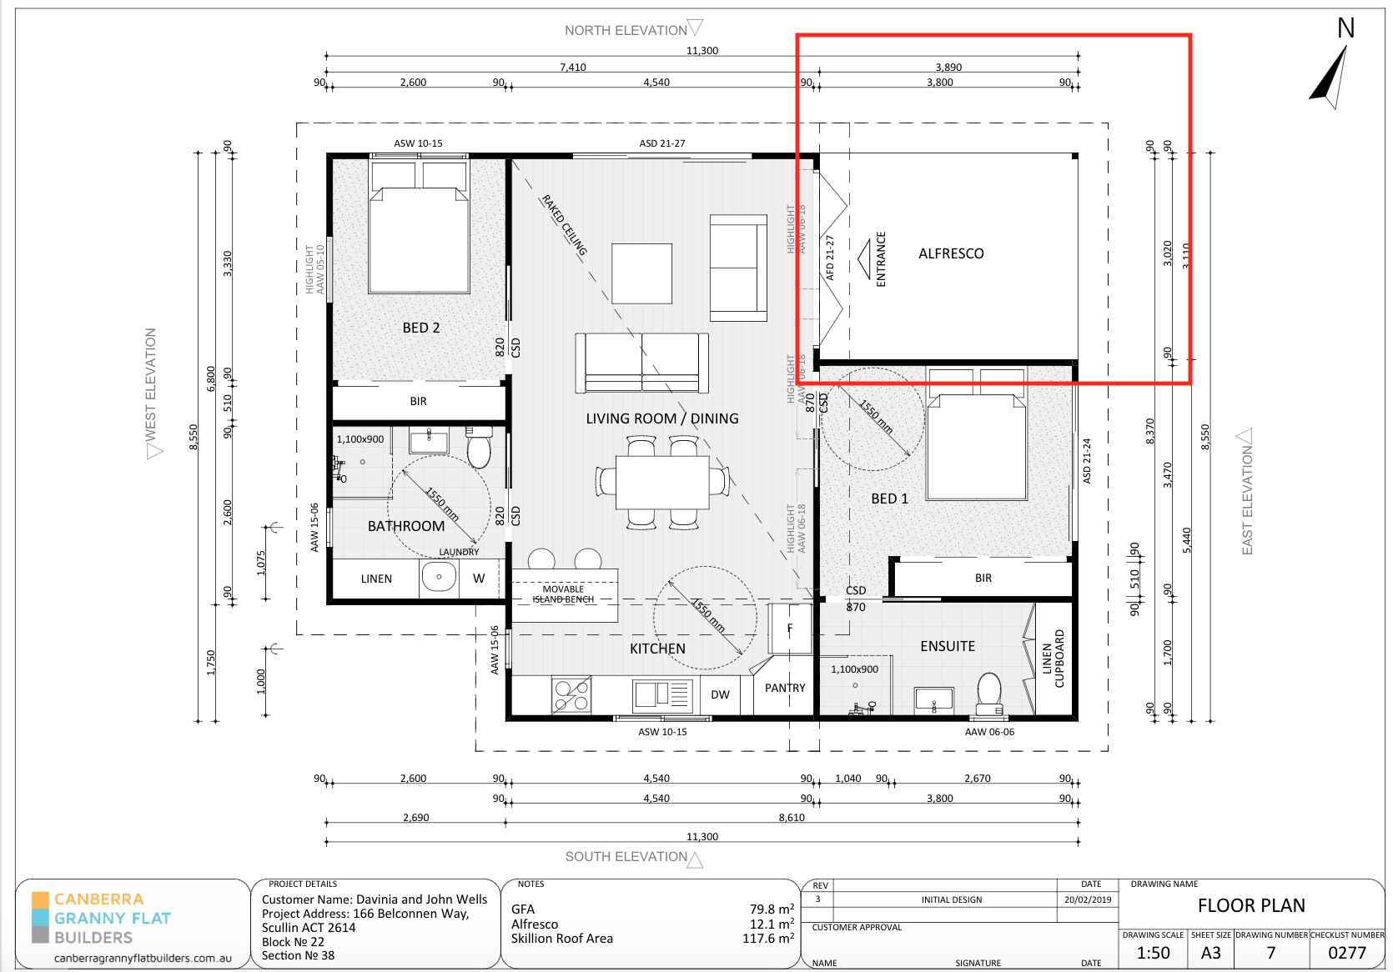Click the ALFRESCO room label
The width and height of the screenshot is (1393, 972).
tap(951, 253)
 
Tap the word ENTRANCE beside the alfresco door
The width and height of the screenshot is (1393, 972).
tap(881, 259)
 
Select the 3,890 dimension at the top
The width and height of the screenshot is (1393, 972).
tap(948, 68)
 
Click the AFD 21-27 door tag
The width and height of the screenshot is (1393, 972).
tap(830, 258)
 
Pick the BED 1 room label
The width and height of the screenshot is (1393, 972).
tap(889, 499)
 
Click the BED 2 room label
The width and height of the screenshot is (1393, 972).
tap(420, 328)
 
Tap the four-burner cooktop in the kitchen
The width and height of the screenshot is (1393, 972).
tap(571, 694)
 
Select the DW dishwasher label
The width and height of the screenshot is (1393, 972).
tap(720, 694)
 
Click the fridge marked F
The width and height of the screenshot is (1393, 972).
tap(789, 629)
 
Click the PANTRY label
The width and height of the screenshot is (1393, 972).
tap(785, 688)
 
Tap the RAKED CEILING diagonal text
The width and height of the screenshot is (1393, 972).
tap(565, 225)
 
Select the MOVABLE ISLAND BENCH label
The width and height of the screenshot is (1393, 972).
tap(563, 594)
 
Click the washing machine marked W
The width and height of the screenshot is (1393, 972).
tap(479, 578)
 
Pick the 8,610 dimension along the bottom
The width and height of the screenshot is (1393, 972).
tap(792, 818)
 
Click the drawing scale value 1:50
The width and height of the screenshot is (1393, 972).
tap(1154, 953)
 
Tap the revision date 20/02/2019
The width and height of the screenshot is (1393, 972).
tap(1088, 899)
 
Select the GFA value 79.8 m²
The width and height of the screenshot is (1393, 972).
tap(772, 909)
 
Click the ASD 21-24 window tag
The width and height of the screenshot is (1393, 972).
tap(1087, 461)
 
